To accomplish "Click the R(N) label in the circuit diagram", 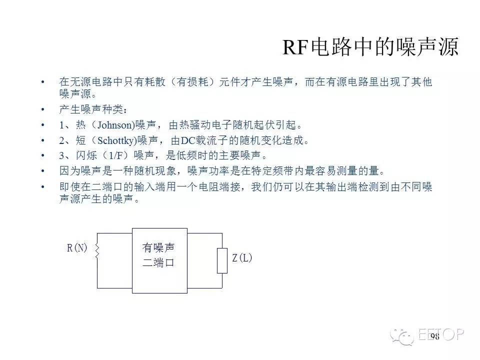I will click(x=77, y=248).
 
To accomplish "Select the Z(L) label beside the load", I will click(x=242, y=258).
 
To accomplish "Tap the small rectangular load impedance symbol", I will click(x=222, y=260).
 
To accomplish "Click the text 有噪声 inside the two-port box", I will click(x=158, y=248).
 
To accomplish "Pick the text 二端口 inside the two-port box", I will click(x=158, y=263).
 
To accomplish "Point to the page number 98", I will click(x=434, y=336).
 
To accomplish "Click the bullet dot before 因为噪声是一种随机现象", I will click(x=43, y=171).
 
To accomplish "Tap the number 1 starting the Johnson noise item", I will click(x=62, y=125).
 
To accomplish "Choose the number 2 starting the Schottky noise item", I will click(x=62, y=140).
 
